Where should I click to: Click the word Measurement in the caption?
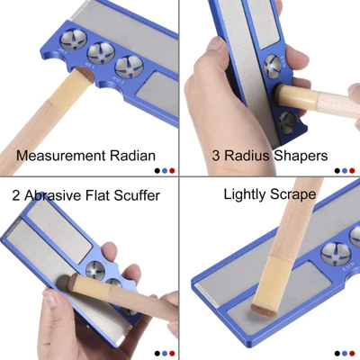coord(61,156)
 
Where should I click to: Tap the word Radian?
coord(132,156)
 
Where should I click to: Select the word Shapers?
coord(301,156)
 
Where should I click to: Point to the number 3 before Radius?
coord(216,156)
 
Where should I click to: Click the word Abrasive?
coord(52,195)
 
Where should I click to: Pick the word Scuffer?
coord(137,195)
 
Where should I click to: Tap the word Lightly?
coord(245,195)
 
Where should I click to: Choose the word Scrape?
coord(292,195)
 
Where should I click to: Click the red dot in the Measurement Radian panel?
coord(172,171)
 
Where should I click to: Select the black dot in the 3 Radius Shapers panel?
coord(337,171)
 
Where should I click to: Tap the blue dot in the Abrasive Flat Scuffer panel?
coord(165,353)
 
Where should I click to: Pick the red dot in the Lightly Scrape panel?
coord(352,353)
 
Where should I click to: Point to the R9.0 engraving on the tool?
coord(63,51)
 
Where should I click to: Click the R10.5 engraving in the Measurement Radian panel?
coord(118,80)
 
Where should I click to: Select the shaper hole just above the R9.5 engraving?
coord(101,53)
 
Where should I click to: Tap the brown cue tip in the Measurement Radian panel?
coord(84,74)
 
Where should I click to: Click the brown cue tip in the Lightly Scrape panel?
coord(264,310)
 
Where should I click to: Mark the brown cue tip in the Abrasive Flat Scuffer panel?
coord(73,282)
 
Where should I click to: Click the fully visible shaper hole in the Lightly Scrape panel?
coord(335,254)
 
